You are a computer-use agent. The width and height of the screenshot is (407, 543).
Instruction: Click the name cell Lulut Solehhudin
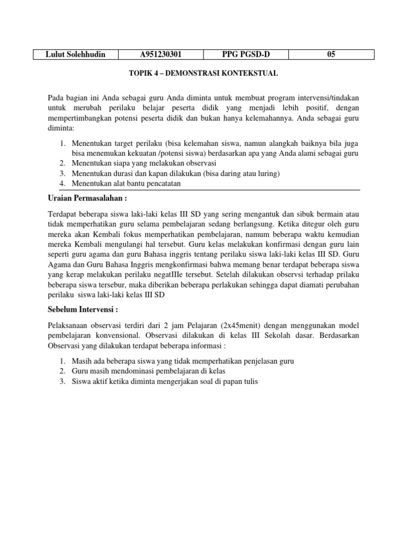[x=75, y=54]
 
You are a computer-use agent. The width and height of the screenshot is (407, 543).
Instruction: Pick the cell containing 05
[x=331, y=54]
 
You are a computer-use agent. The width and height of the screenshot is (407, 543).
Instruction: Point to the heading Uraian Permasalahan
[x=89, y=198]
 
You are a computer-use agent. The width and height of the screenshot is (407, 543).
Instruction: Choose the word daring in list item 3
[x=234, y=173]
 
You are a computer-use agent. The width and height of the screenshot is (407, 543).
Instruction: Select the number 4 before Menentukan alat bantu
[x=61, y=183]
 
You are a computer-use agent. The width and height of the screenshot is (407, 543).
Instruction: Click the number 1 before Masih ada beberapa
[x=61, y=361]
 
